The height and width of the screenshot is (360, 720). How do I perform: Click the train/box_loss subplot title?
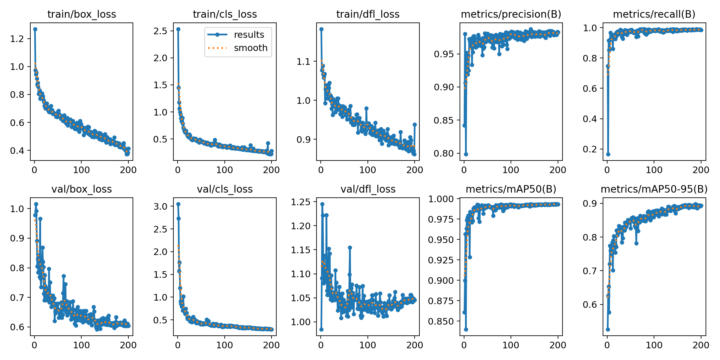[82, 14]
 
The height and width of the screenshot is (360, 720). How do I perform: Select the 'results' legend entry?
[249, 34]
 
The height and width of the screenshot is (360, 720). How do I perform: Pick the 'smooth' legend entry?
[250, 48]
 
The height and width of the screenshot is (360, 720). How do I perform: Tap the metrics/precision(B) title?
[511, 14]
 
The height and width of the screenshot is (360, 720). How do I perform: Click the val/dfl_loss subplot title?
[368, 189]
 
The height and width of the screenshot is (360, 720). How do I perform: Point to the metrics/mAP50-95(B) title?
[654, 189]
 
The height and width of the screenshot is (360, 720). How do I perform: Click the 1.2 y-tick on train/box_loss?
[17, 39]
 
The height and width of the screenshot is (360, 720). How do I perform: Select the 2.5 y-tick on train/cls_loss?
[160, 31]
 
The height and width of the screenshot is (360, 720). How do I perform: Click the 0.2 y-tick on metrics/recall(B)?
[590, 149]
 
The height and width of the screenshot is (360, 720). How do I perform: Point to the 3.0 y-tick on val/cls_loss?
[160, 206]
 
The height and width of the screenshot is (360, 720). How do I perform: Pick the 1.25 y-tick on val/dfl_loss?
[300, 202]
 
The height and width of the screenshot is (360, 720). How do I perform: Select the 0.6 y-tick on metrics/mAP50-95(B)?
[590, 304]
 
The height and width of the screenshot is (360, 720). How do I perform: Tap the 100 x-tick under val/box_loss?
[81, 345]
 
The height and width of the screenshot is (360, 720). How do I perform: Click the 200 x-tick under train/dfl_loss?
[415, 170]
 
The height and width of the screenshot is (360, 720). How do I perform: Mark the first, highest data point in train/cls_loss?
[178, 29]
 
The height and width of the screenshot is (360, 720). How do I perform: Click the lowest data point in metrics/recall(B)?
[608, 154]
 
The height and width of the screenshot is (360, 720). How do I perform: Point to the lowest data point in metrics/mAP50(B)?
[466, 329]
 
